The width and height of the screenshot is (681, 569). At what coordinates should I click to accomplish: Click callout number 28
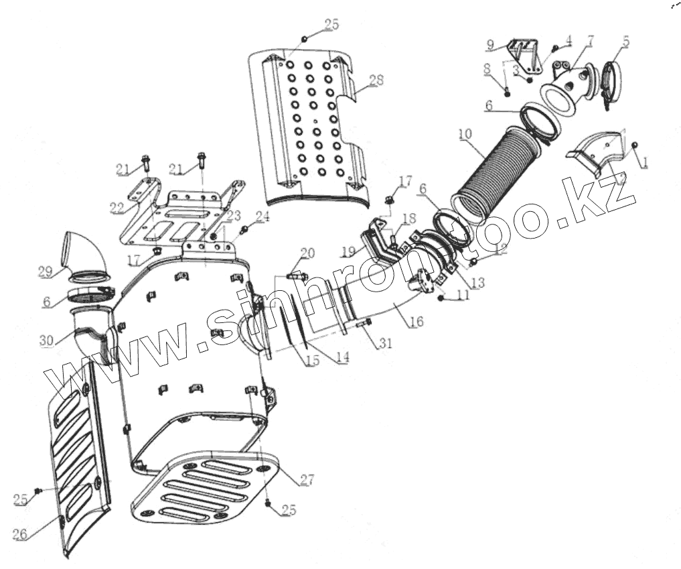[376, 80]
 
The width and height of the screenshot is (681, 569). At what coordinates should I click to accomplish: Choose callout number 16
[416, 322]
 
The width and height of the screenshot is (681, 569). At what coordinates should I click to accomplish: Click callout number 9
[491, 45]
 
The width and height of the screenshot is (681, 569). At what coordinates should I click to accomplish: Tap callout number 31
[384, 344]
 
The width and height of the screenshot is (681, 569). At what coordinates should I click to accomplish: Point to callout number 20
[307, 253]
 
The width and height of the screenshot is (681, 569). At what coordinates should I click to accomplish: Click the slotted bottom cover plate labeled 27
[201, 486]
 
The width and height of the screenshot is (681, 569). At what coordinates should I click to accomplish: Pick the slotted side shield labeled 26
[77, 462]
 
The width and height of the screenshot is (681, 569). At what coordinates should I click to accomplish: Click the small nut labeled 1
[634, 145]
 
